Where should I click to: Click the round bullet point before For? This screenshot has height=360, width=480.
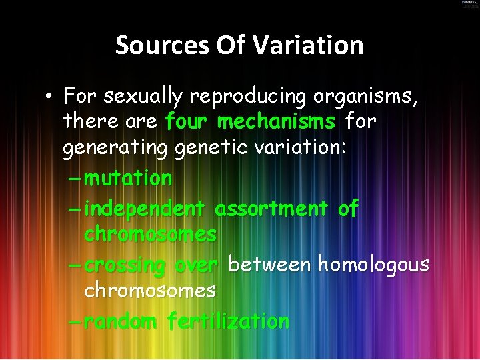(x=50, y=97)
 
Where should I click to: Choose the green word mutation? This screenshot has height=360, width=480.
(x=129, y=178)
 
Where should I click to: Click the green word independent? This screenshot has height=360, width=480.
(x=145, y=209)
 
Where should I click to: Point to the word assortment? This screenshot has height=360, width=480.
(x=271, y=209)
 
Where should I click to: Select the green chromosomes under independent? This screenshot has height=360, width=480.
(x=150, y=234)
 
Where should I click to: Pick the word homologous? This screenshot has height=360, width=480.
(x=373, y=265)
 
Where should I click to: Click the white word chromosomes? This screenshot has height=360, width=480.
(x=150, y=290)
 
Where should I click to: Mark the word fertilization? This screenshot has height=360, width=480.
(x=228, y=321)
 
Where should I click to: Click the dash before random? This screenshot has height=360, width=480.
(x=75, y=321)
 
